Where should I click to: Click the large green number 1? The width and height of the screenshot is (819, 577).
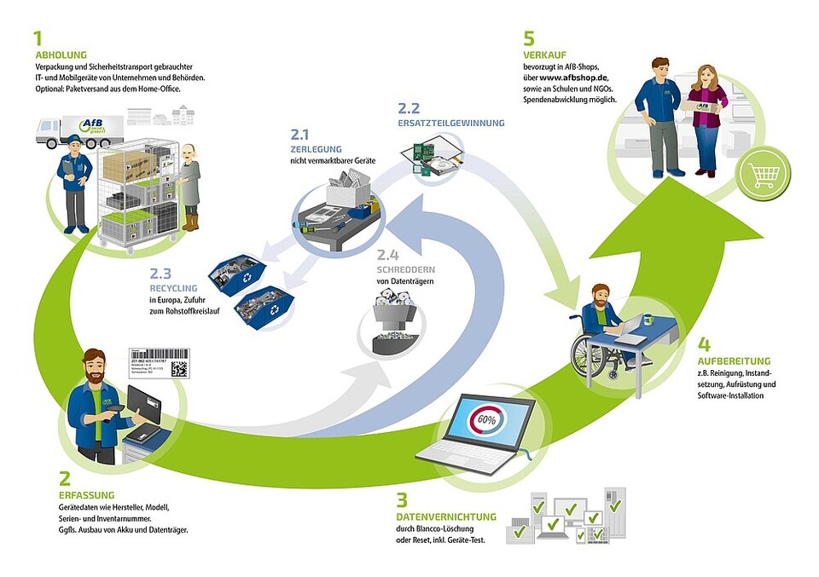(x=38, y=38)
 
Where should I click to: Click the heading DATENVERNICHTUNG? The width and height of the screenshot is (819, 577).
(x=446, y=516)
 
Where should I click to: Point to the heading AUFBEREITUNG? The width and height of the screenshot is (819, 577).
(x=733, y=361)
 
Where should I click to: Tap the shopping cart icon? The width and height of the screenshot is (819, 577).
(x=764, y=175)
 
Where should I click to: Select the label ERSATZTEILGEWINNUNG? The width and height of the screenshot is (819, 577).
(x=450, y=123)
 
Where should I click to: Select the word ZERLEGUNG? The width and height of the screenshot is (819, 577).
(x=317, y=149)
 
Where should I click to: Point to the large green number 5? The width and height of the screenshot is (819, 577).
(x=529, y=38)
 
